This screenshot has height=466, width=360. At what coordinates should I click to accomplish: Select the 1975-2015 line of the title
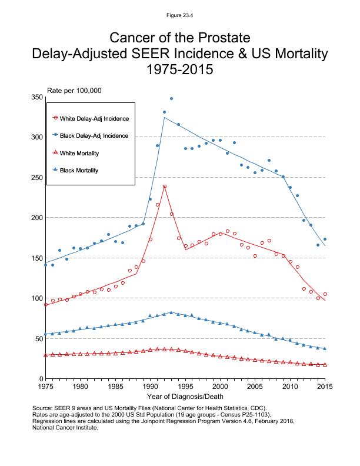click(x=180, y=70)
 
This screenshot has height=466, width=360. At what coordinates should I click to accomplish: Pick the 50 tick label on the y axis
click(x=39, y=338)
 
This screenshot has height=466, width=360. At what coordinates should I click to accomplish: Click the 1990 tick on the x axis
click(x=150, y=387)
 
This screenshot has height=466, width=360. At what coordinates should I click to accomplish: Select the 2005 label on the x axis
click(x=255, y=387)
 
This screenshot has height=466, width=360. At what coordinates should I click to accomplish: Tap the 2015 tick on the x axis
click(x=325, y=387)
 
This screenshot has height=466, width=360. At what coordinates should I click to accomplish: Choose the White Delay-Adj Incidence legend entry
click(x=94, y=118)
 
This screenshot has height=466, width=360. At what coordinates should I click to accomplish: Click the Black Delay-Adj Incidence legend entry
click(x=94, y=136)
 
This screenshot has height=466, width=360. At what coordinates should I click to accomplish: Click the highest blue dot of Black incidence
click(x=171, y=99)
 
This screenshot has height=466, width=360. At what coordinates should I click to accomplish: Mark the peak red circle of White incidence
click(x=165, y=187)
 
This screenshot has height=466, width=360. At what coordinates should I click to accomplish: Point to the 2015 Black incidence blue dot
click(x=325, y=239)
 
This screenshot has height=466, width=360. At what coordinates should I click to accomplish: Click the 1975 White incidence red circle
click(x=45, y=305)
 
